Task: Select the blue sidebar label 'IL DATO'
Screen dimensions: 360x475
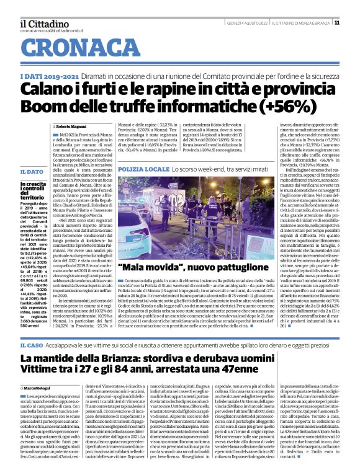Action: (x=30, y=171)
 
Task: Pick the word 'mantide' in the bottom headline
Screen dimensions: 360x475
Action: (x=76, y=359)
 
